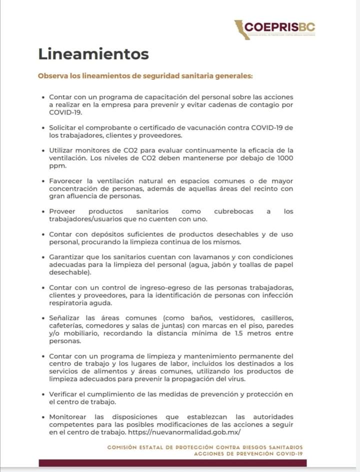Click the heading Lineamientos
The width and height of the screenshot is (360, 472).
[93, 53]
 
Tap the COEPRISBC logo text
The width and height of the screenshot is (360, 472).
[280, 26]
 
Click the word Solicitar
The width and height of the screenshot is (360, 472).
[65, 127]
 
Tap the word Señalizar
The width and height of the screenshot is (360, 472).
[65, 318]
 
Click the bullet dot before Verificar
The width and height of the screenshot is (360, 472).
[43, 394]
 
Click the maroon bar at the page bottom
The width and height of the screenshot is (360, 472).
[179, 463]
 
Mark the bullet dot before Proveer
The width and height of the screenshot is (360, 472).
[43, 211]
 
